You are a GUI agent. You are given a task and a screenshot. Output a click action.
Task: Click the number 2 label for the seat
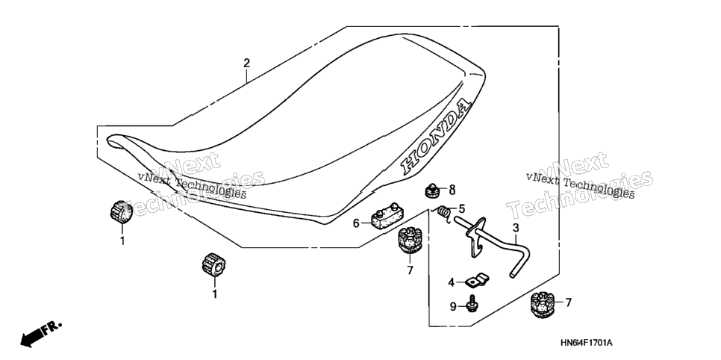tap(246, 63)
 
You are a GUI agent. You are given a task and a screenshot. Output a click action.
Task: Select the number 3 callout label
tap(516, 227)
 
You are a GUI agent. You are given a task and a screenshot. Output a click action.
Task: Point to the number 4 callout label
tap(451, 282)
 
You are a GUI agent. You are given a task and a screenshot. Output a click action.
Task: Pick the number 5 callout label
tap(462, 209)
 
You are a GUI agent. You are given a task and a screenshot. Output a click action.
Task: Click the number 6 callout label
tap(356, 223)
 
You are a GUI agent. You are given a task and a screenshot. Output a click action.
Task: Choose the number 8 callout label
tap(452, 189)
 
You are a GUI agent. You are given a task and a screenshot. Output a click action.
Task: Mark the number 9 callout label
tap(453, 307)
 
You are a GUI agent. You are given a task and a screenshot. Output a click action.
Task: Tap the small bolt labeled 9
tap(470, 304)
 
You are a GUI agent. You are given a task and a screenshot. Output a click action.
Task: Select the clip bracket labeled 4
tap(476, 279)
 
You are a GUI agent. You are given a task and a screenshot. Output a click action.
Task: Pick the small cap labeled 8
tap(431, 190)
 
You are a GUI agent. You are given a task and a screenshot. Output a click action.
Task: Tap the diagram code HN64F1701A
tap(586, 343)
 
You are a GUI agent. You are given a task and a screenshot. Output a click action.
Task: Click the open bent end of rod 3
tap(512, 276)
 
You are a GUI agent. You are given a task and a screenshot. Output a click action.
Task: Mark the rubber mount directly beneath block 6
tap(407, 240)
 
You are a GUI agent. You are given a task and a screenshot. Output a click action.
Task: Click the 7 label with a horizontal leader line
tap(568, 302)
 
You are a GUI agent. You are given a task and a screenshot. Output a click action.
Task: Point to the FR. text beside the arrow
tap(51, 328)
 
